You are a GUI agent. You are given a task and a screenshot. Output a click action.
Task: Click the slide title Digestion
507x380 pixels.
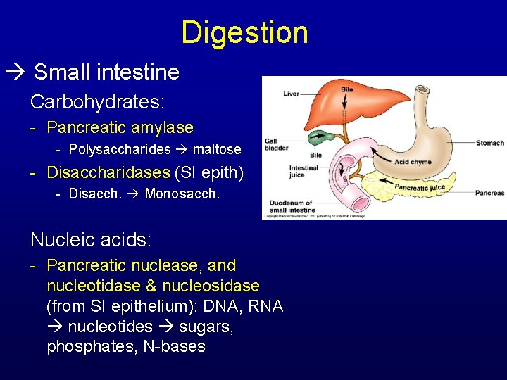244,32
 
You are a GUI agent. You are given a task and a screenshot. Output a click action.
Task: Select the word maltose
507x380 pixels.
217,149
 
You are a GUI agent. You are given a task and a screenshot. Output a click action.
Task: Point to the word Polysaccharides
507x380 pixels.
120,149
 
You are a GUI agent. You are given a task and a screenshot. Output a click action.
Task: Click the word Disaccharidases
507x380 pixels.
108,172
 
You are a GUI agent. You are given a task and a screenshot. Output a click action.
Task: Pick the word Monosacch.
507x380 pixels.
182,194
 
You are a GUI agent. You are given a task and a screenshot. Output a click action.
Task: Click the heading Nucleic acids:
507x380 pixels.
90,240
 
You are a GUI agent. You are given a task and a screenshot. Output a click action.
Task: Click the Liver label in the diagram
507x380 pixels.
292,94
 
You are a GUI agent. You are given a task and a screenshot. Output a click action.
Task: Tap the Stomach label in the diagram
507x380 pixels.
489,144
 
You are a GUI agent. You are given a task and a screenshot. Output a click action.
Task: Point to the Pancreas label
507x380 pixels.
490,193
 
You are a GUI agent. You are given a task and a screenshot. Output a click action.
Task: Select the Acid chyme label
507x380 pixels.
413,162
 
